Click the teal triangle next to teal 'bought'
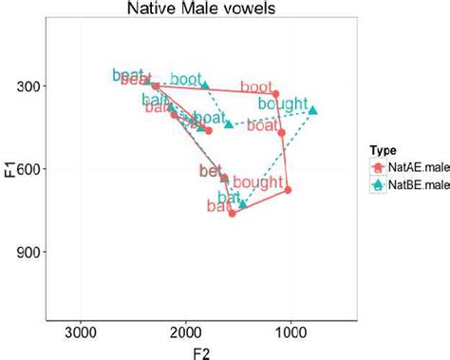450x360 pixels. click(313, 110)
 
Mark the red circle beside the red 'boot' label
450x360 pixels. click(276, 94)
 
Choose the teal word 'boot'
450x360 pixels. click(188, 77)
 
